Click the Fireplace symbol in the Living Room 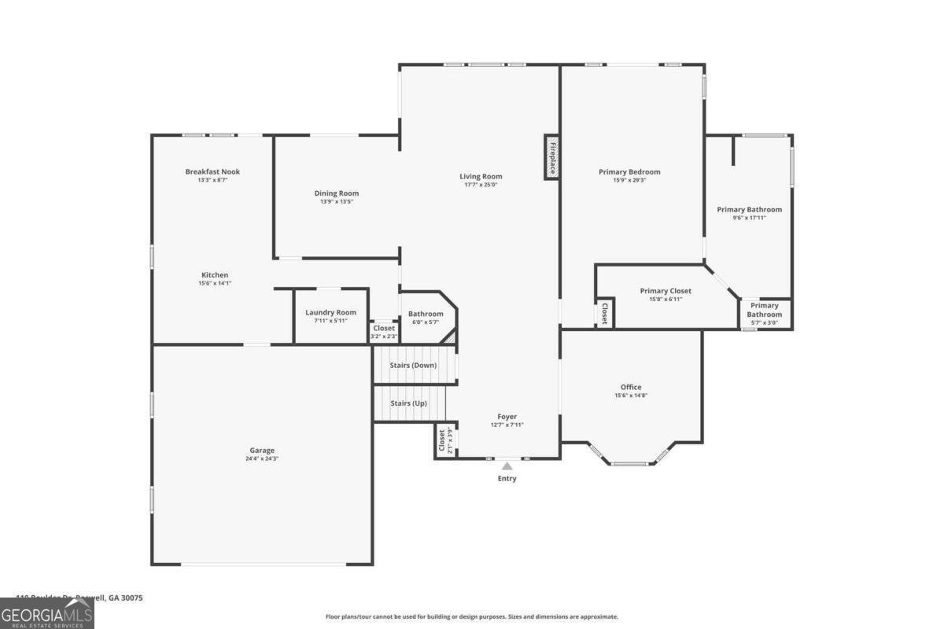[552, 157]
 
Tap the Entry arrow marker [507, 466]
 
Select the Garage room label [262, 451]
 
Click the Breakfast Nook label [212, 171]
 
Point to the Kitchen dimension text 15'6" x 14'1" [215, 284]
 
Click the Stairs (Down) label [413, 366]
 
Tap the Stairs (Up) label [409, 403]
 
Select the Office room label [631, 387]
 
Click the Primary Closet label [666, 291]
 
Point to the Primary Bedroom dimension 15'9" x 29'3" [629, 180]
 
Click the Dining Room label [337, 193]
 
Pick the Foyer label [507, 417]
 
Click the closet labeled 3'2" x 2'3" [384, 332]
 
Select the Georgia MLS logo [47, 613]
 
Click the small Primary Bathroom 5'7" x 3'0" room [764, 314]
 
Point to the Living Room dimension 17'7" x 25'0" [481, 185]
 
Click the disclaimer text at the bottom [472, 617]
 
